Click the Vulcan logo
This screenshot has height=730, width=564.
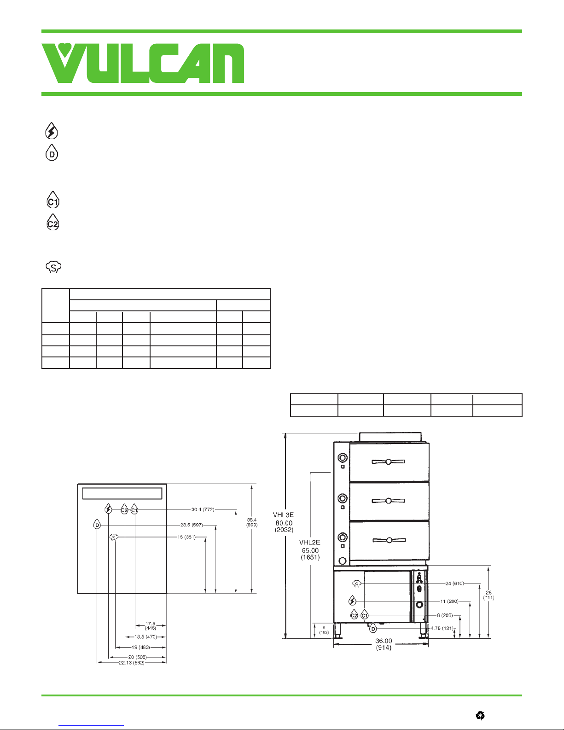(143, 63)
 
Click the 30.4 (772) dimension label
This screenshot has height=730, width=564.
(203, 510)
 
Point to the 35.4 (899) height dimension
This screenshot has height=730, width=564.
(252, 522)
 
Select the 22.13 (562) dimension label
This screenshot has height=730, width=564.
(131, 663)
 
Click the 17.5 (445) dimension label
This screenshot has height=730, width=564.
(151, 626)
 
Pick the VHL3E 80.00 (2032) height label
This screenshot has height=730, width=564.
(284, 523)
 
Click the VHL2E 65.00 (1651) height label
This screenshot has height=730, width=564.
(309, 550)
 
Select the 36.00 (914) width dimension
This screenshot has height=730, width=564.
(384, 644)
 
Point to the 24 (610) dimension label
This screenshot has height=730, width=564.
(454, 584)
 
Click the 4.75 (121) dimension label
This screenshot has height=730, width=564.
(442, 628)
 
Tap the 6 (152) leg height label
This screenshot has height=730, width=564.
(324, 630)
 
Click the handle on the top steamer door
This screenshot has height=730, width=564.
(388, 462)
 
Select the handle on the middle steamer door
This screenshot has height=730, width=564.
(388, 501)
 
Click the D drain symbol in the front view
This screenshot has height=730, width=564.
(373, 628)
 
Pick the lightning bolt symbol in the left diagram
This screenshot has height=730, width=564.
(108, 509)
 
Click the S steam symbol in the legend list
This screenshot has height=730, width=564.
(53, 267)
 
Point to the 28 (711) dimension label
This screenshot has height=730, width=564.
(488, 595)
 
